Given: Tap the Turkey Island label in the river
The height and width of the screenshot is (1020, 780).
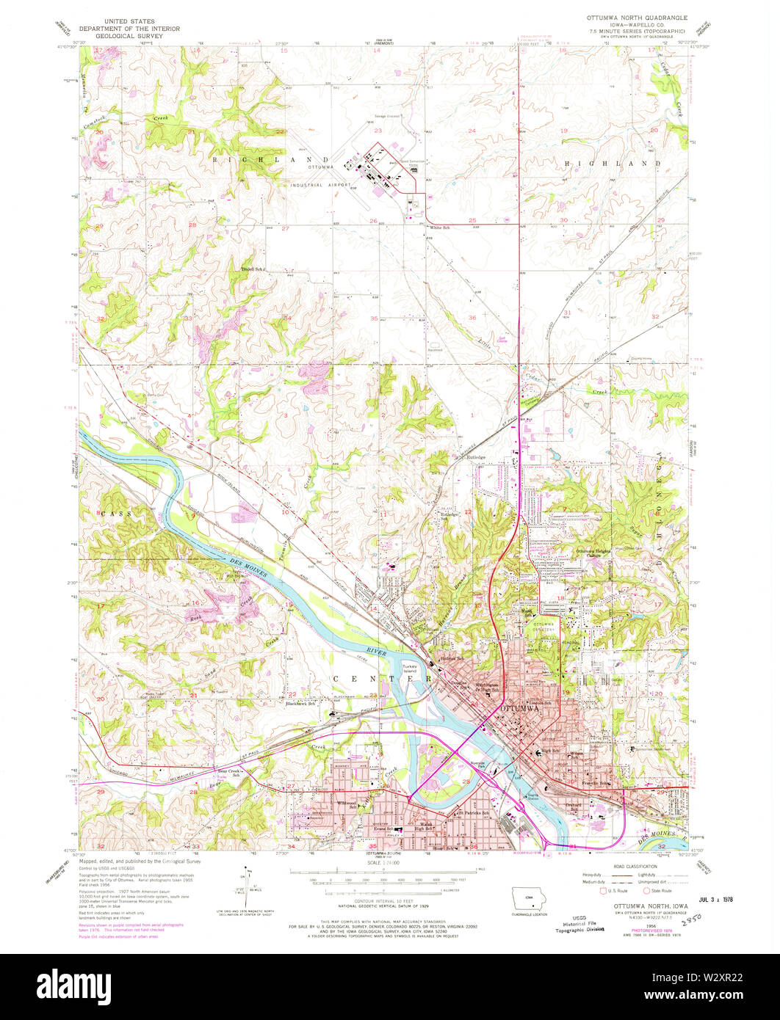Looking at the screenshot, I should (x=409, y=669).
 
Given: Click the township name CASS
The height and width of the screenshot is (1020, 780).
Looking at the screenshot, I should (x=118, y=514).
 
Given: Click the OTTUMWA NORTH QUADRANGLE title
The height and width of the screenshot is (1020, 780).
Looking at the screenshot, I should (x=635, y=15).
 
